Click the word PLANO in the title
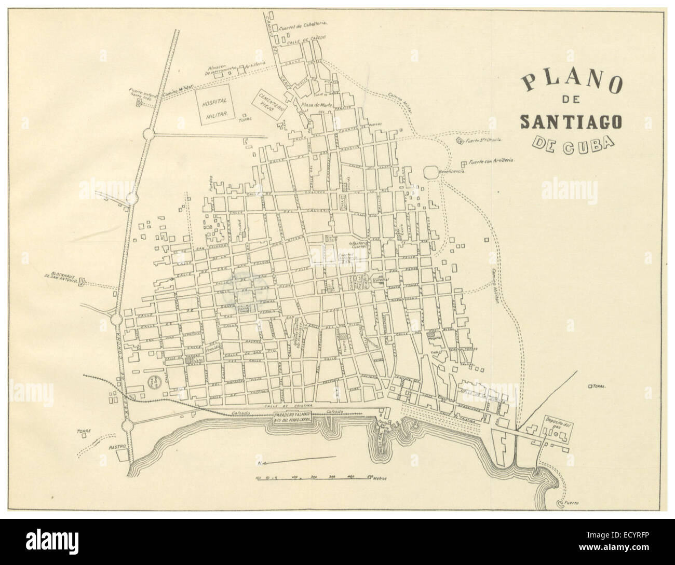coord(570,83)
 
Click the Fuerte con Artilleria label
coord(491,161)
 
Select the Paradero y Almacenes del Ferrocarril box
coord(292,418)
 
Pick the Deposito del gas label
coord(556,421)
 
